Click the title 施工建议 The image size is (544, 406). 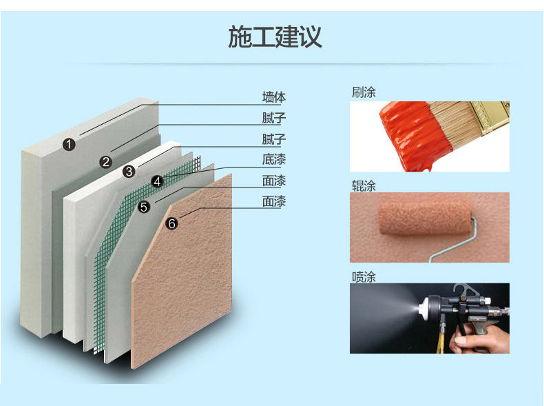(x=275, y=37)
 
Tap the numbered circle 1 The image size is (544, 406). (x=69, y=144)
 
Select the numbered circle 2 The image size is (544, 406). (x=106, y=161)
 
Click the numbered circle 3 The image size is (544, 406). (x=129, y=171)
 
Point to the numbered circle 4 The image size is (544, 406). (x=157, y=181)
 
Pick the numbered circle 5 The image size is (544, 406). (x=144, y=207)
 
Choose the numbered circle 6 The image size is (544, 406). (x=171, y=223)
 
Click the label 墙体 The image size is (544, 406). (x=274, y=97)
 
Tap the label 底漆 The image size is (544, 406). (x=274, y=159)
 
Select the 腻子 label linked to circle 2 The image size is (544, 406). (x=274, y=118)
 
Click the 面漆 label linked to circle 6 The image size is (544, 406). (x=274, y=201)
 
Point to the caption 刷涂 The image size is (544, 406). (x=364, y=92)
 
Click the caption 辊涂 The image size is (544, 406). (x=364, y=186)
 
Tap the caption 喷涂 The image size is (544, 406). (x=364, y=277)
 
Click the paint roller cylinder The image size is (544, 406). (x=425, y=217)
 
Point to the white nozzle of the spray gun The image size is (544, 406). (x=423, y=309)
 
